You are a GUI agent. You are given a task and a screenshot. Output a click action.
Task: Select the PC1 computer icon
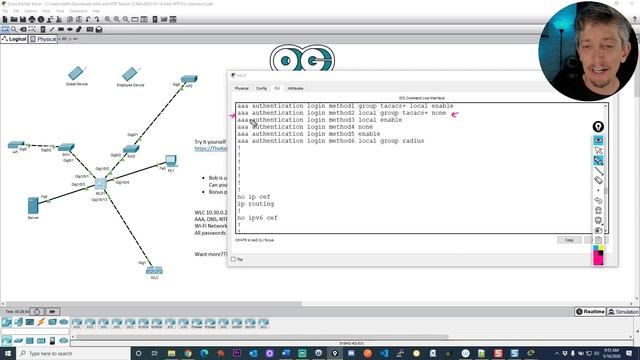tap(171, 160)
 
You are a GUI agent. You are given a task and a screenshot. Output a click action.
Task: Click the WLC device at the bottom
tap(153, 271)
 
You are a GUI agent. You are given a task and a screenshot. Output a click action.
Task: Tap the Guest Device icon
tap(77, 73)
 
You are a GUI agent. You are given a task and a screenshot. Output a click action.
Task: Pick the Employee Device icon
tap(128, 74)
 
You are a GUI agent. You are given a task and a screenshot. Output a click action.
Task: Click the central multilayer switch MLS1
tap(100, 184)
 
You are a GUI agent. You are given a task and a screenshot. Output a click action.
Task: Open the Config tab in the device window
tap(261, 88)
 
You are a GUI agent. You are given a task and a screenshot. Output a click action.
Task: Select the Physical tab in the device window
tap(241, 88)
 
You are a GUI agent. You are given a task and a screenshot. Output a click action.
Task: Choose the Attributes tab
tap(296, 88)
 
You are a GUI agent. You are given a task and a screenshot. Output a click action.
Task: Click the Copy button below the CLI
tap(569, 240)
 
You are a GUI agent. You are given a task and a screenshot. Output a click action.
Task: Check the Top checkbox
tap(234, 259)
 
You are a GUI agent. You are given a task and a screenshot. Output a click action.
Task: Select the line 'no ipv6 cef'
tap(257, 217)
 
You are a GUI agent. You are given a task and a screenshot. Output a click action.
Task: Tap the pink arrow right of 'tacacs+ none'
tap(455, 114)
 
